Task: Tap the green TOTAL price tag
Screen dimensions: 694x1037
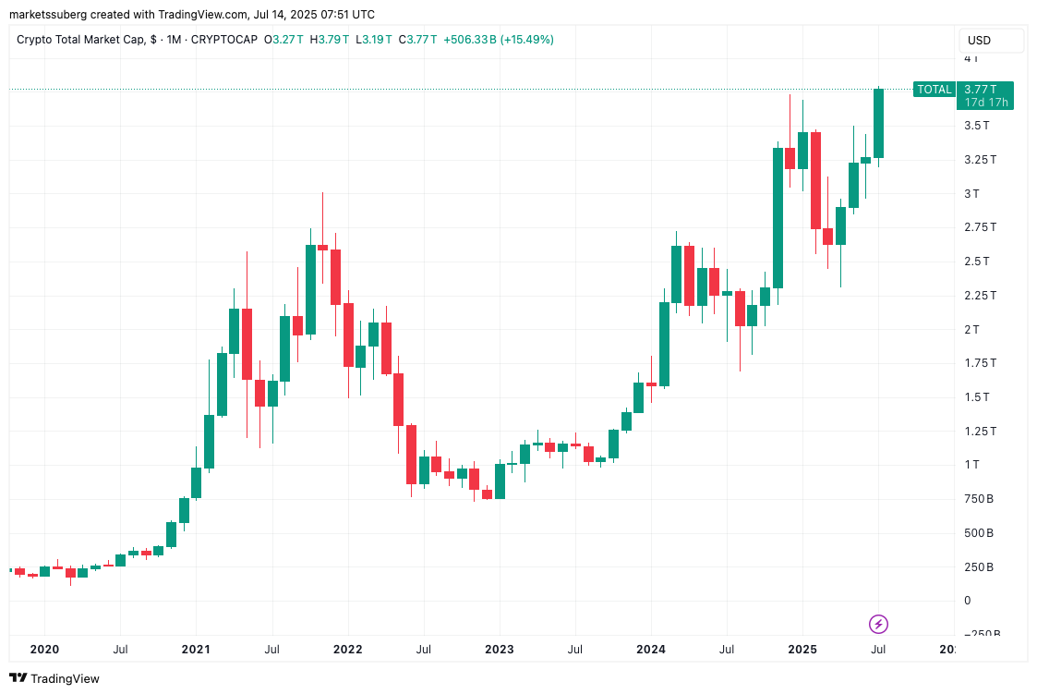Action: point(933,90)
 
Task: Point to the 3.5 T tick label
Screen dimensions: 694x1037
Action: point(977,126)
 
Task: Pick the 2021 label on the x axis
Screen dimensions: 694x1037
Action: point(196,650)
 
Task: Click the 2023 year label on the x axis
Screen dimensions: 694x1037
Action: point(500,650)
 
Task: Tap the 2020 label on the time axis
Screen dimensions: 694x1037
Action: point(44,650)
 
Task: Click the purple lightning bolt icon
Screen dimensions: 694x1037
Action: point(878,624)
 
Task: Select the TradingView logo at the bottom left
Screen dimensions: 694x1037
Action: point(55,678)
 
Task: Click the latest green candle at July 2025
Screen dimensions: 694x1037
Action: point(878,123)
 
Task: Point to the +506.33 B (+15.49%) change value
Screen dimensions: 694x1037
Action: point(499,40)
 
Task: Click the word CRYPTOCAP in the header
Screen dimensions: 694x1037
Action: point(224,40)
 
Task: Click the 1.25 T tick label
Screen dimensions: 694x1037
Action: point(979,431)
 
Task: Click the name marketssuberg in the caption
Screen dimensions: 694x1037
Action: point(48,15)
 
